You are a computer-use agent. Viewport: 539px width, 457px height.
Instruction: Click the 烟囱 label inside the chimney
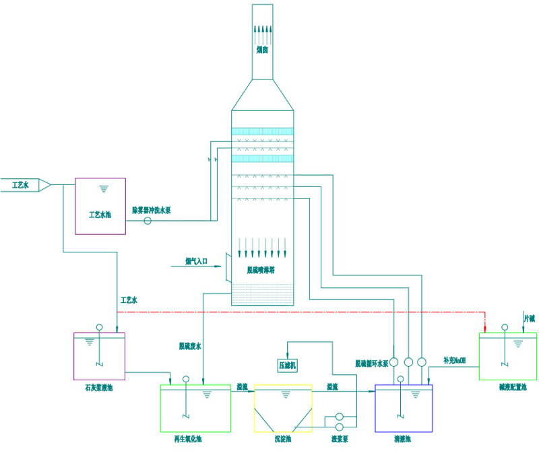coord(263,48)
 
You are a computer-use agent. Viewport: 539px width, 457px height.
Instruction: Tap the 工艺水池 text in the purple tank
coord(100,215)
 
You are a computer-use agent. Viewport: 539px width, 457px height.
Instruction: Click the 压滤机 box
coord(288,365)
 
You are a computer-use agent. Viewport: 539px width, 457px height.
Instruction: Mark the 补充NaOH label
coord(454,360)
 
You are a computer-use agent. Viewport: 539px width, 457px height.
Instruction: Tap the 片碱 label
coord(530,316)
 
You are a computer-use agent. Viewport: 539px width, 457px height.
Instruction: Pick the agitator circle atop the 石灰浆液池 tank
coord(99,328)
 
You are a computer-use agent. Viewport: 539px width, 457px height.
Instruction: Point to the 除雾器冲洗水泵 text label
coord(151,210)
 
